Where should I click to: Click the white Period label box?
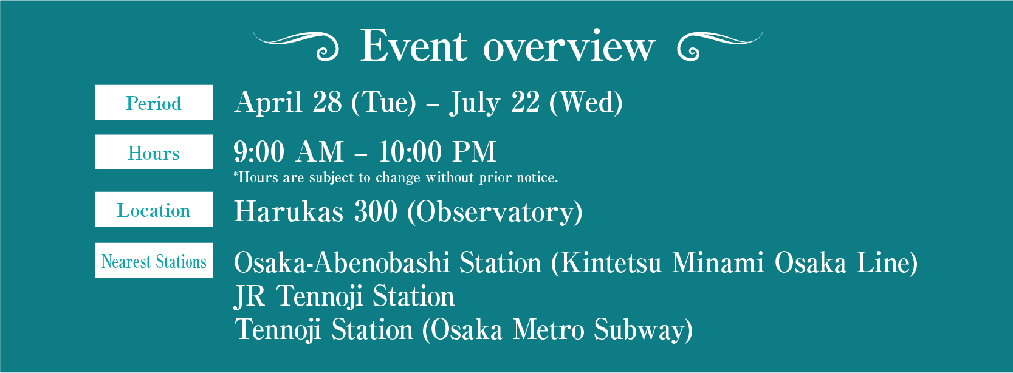pos(154,102)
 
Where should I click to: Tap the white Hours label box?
pos(154,152)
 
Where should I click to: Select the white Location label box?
pos(154,210)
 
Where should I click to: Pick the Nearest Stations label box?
pos(154,261)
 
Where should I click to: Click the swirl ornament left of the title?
pos(296,46)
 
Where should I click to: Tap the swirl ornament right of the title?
pos(720,46)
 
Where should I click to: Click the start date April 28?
pos(288,103)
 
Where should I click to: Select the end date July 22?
pos(494,103)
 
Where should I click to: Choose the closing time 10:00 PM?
pos(438,151)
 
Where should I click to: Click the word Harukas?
pos(289,211)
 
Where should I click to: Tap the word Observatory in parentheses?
pos(495,212)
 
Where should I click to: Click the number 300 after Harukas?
pos(376,211)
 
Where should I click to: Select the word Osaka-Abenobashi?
pos(342,262)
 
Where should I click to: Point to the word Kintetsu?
pos(611,262)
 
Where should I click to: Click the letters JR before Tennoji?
pos(249,296)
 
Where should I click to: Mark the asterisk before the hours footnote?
pos(236,173)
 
